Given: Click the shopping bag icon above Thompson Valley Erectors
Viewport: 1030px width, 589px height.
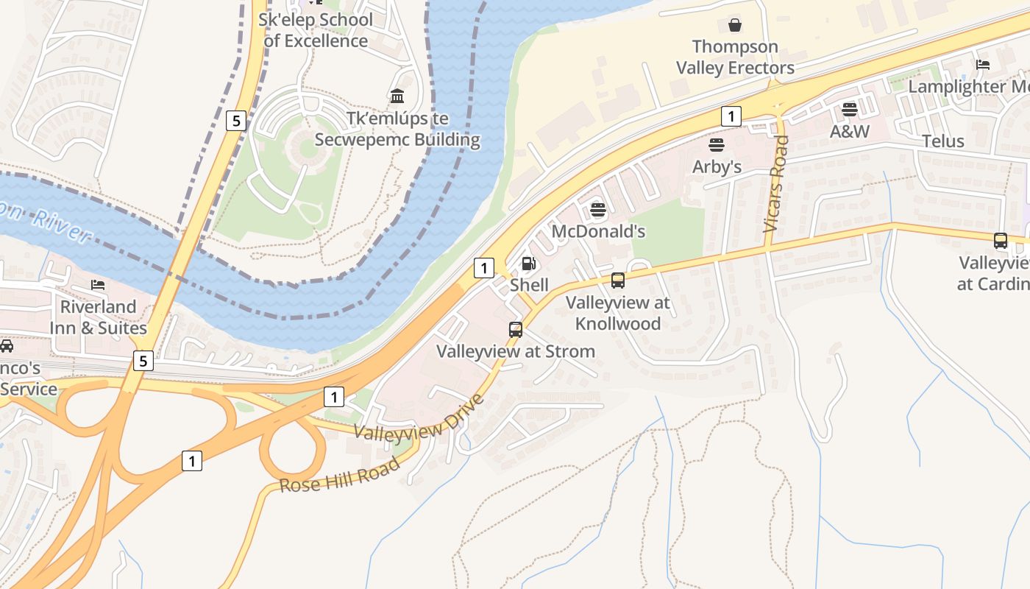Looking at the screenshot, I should tap(734, 26).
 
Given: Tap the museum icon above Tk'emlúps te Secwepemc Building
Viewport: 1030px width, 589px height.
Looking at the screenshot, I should tap(397, 96).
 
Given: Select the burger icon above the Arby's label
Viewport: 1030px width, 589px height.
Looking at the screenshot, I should tap(717, 144).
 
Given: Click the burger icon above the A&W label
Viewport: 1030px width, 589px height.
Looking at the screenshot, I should tap(850, 110).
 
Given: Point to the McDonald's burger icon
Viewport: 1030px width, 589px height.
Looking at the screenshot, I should tap(598, 210).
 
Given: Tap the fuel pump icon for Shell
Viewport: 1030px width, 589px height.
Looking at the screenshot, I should tap(528, 264).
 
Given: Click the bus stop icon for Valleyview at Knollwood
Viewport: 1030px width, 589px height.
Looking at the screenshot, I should tap(618, 281).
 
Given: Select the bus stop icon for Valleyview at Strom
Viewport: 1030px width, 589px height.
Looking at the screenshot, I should tap(516, 330).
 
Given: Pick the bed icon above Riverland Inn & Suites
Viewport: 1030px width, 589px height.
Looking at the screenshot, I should tap(98, 285).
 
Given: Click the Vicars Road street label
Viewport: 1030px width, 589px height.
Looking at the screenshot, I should tap(775, 184).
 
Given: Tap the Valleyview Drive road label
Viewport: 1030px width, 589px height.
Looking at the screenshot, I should tap(419, 417).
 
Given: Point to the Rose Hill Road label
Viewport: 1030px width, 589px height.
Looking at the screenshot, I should tap(340, 475).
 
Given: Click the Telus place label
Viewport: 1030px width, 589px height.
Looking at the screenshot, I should tap(942, 141).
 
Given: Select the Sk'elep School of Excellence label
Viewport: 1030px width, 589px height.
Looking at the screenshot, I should tap(316, 30).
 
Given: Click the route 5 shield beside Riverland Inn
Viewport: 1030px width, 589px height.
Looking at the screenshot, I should tap(143, 361).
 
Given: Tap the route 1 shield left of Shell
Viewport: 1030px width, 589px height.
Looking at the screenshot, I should tap(483, 268).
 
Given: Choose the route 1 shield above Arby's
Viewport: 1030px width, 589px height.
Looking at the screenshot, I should tap(730, 116).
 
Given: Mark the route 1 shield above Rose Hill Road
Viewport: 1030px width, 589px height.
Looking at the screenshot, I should tap(191, 462).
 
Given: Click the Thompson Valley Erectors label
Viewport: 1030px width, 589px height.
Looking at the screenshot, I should tap(735, 57).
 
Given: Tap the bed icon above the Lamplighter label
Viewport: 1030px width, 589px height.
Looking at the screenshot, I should tap(983, 65).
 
